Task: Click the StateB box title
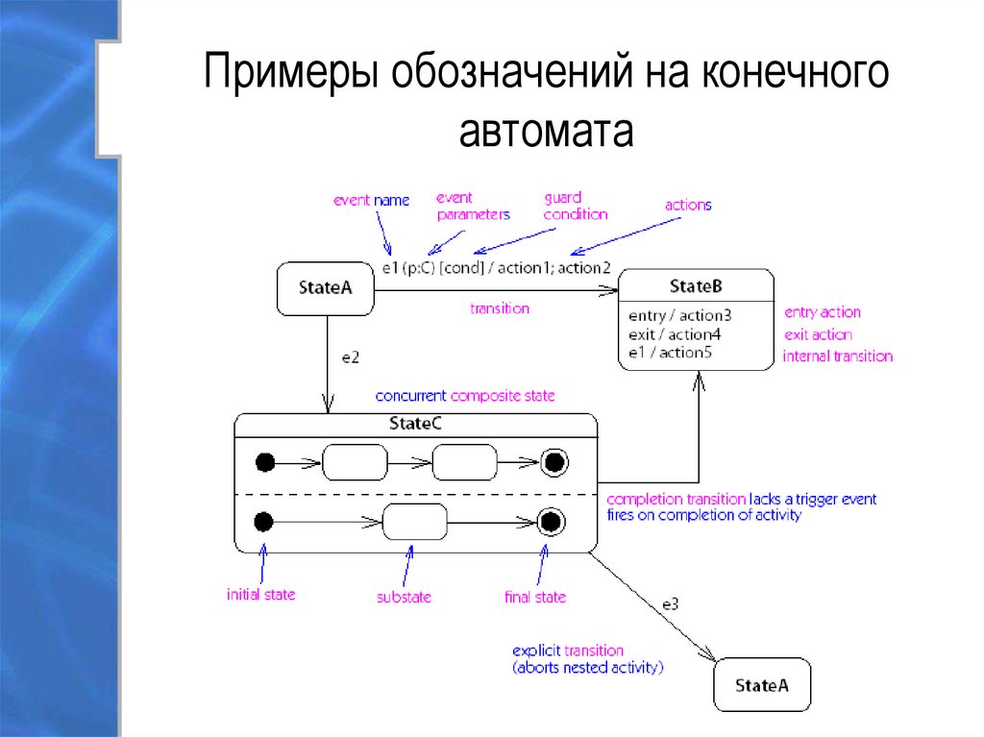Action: coord(695,286)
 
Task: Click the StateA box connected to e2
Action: coord(325,287)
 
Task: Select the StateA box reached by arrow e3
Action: coord(762,685)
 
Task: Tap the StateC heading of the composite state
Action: coord(415,422)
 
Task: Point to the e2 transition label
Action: coord(351,357)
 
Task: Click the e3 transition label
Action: coord(670,604)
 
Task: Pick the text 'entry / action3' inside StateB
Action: coord(679,314)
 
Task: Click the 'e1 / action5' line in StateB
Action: coord(671,353)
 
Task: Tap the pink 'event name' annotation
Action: coord(371,201)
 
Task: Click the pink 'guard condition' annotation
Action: coord(575,206)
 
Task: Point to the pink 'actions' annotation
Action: coord(688,205)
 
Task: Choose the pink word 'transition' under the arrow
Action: coord(499,308)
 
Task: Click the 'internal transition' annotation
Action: coord(837,356)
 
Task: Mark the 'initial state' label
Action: coord(260,595)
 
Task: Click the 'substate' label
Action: coord(404,597)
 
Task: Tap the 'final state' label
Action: coord(535,597)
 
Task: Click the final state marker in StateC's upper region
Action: coord(553,462)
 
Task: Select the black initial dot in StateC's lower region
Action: coord(264,523)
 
